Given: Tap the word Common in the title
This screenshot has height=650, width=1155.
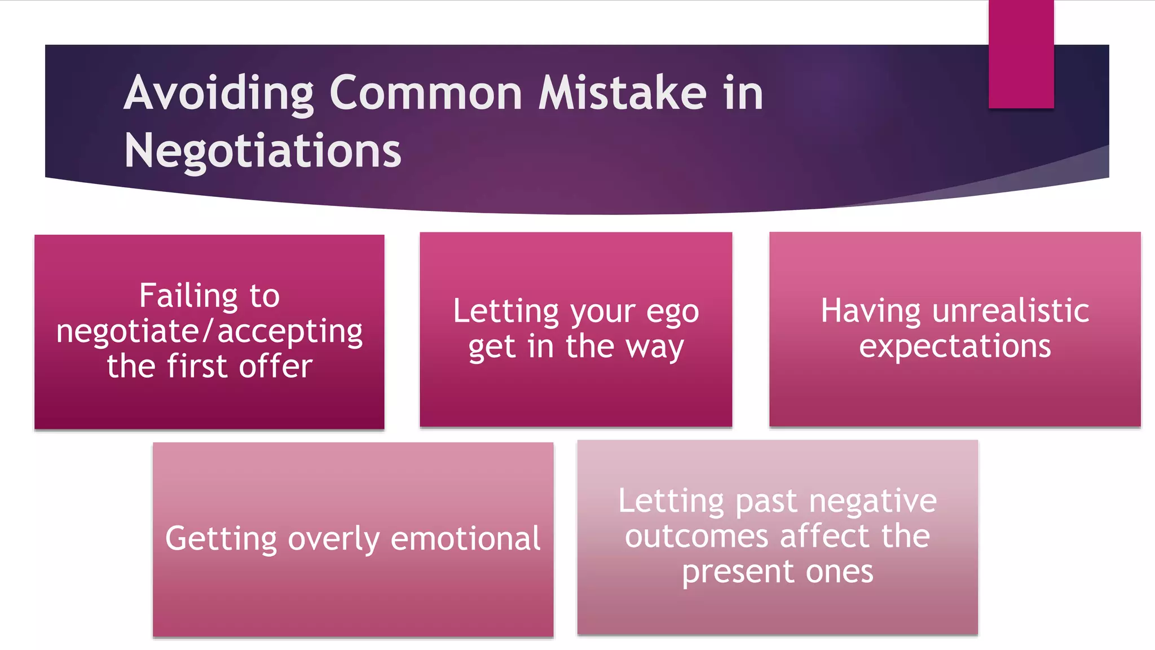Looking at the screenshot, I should pyautogui.click(x=426, y=93).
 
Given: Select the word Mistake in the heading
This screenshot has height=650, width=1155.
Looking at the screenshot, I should pyautogui.click(x=622, y=93).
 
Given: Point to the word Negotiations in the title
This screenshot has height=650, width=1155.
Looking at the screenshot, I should pyautogui.click(x=262, y=151).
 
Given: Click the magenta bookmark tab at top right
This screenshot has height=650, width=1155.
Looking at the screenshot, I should pyautogui.click(x=1021, y=54).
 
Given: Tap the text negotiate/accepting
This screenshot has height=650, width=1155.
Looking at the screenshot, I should pyautogui.click(x=209, y=331).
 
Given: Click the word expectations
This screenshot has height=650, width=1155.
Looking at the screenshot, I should pyautogui.click(x=955, y=346).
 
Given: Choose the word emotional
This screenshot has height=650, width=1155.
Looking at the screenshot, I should pyautogui.click(x=465, y=539).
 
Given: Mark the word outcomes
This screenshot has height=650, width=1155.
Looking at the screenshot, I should pyautogui.click(x=696, y=536).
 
